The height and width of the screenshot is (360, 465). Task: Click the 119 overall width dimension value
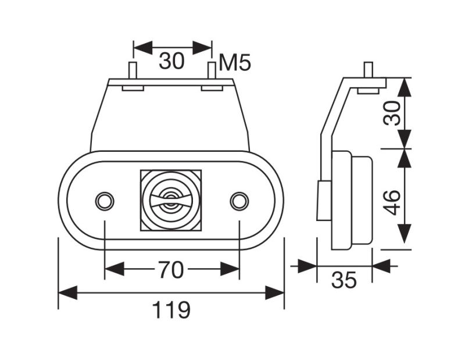click(171, 310)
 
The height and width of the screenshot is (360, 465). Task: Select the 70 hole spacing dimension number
click(171, 270)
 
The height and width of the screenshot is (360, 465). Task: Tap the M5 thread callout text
click(235, 63)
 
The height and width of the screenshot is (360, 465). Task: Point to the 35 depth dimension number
click(344, 280)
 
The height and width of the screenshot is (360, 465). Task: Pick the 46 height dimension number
click(392, 202)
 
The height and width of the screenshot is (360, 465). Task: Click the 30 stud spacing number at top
click(171, 61)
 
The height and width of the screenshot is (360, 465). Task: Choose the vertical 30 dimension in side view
click(392, 113)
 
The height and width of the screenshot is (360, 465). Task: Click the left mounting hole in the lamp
click(105, 201)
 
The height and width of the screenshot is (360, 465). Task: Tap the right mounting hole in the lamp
click(239, 201)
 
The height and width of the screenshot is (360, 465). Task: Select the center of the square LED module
click(171, 200)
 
